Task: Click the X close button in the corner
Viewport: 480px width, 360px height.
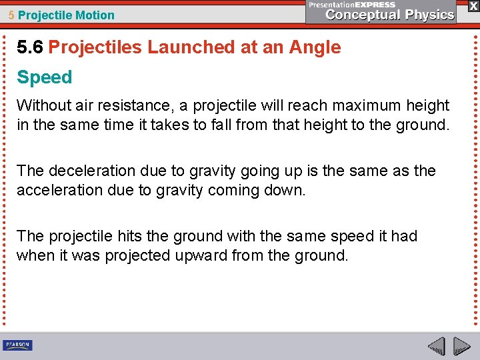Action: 473,5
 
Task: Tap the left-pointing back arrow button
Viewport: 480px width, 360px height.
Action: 436,346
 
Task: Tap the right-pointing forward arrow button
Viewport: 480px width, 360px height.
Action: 462,346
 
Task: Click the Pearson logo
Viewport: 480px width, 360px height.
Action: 17,345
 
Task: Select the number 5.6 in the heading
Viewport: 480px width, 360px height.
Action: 30,47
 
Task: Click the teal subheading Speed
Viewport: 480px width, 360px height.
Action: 44,77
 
